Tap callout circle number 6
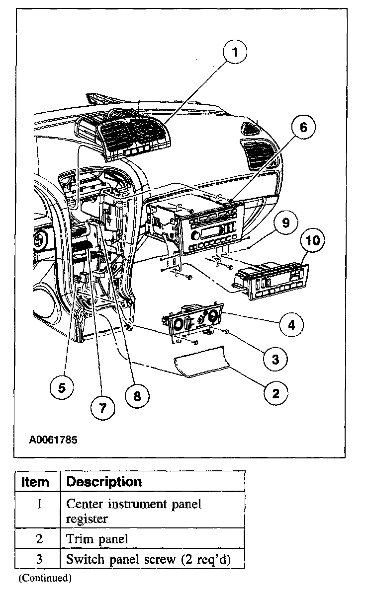tap(303, 128)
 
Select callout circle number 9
tap(285, 222)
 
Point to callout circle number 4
tap(291, 325)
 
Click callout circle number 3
tap(275, 359)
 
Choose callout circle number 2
tap(274, 394)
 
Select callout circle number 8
tap(138, 395)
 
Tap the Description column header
tap(104, 482)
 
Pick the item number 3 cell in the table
tap(39, 559)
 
